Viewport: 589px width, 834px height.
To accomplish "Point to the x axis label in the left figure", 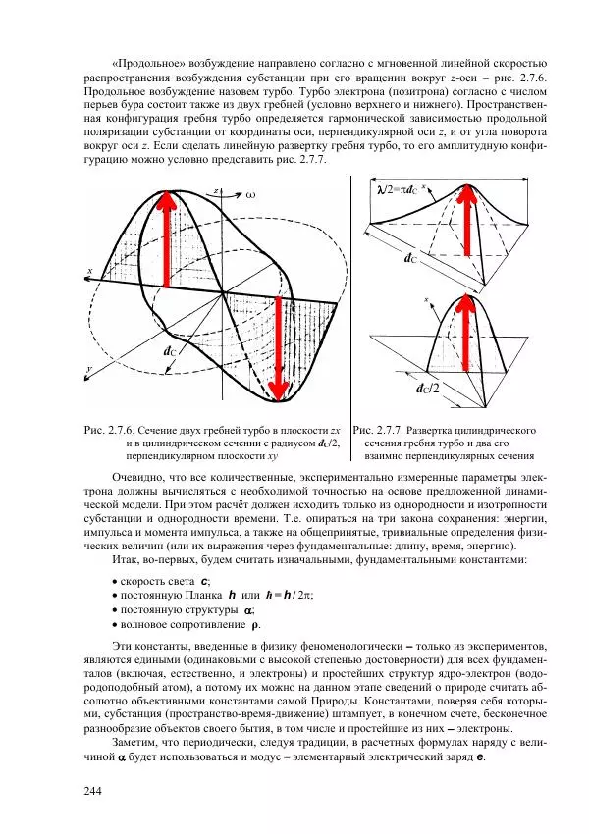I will click(89, 270).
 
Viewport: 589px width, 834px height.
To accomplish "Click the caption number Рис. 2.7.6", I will click(109, 431).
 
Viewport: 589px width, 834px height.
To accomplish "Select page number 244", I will click(93, 792).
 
